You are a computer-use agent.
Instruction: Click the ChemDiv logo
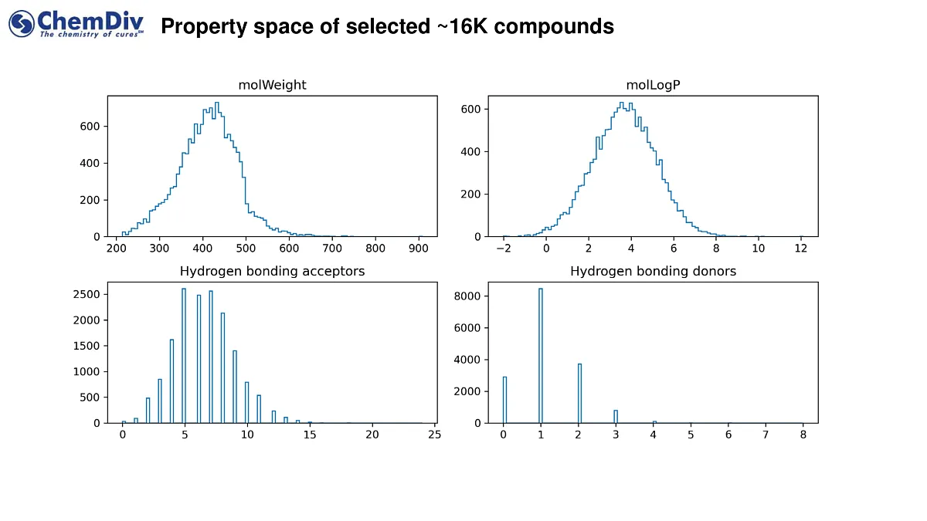(x=76, y=24)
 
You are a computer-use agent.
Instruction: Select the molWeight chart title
(x=272, y=85)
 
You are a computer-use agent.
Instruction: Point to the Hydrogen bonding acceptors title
(x=272, y=271)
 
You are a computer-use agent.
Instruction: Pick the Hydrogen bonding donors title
(x=653, y=271)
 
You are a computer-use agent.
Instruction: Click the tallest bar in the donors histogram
(x=541, y=355)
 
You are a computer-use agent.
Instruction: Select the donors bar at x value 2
(x=579, y=394)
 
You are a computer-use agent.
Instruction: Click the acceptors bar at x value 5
(x=184, y=355)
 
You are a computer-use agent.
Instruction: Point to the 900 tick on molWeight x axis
(x=419, y=249)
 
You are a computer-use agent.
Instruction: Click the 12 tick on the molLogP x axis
(x=801, y=249)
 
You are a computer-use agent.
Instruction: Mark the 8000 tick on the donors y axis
(x=471, y=296)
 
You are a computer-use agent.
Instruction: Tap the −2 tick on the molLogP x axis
(x=503, y=249)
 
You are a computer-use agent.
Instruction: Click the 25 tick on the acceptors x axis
(x=435, y=435)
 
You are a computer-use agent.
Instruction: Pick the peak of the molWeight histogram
(x=216, y=103)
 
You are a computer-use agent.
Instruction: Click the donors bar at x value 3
(x=616, y=416)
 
